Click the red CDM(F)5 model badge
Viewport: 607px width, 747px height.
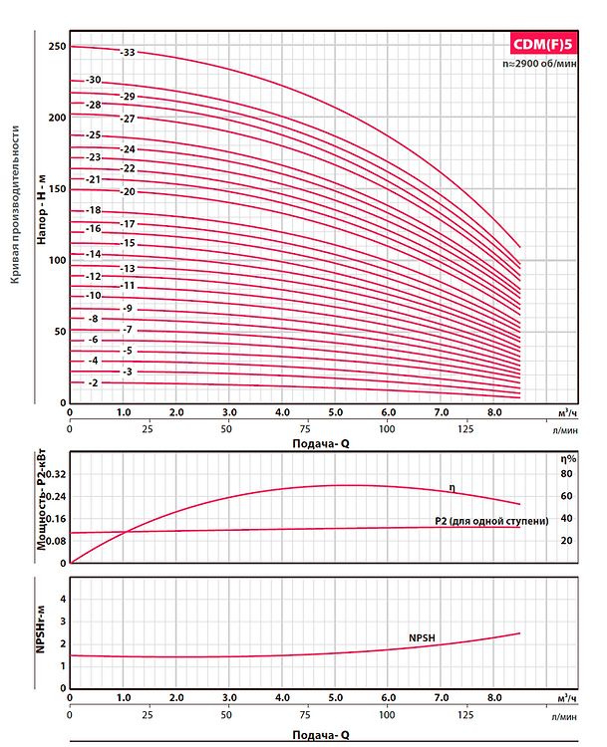(x=543, y=43)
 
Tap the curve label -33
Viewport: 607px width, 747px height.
(x=127, y=52)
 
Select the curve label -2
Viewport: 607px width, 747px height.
(x=93, y=383)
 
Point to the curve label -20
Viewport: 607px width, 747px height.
(x=127, y=191)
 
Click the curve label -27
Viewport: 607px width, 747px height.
(x=127, y=119)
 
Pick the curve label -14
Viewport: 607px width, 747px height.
(x=94, y=255)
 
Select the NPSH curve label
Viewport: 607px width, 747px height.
(x=424, y=636)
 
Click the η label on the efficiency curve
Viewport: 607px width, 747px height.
(x=452, y=487)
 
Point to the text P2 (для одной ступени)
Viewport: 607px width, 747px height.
(x=491, y=520)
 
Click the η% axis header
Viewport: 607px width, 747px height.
(x=567, y=459)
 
